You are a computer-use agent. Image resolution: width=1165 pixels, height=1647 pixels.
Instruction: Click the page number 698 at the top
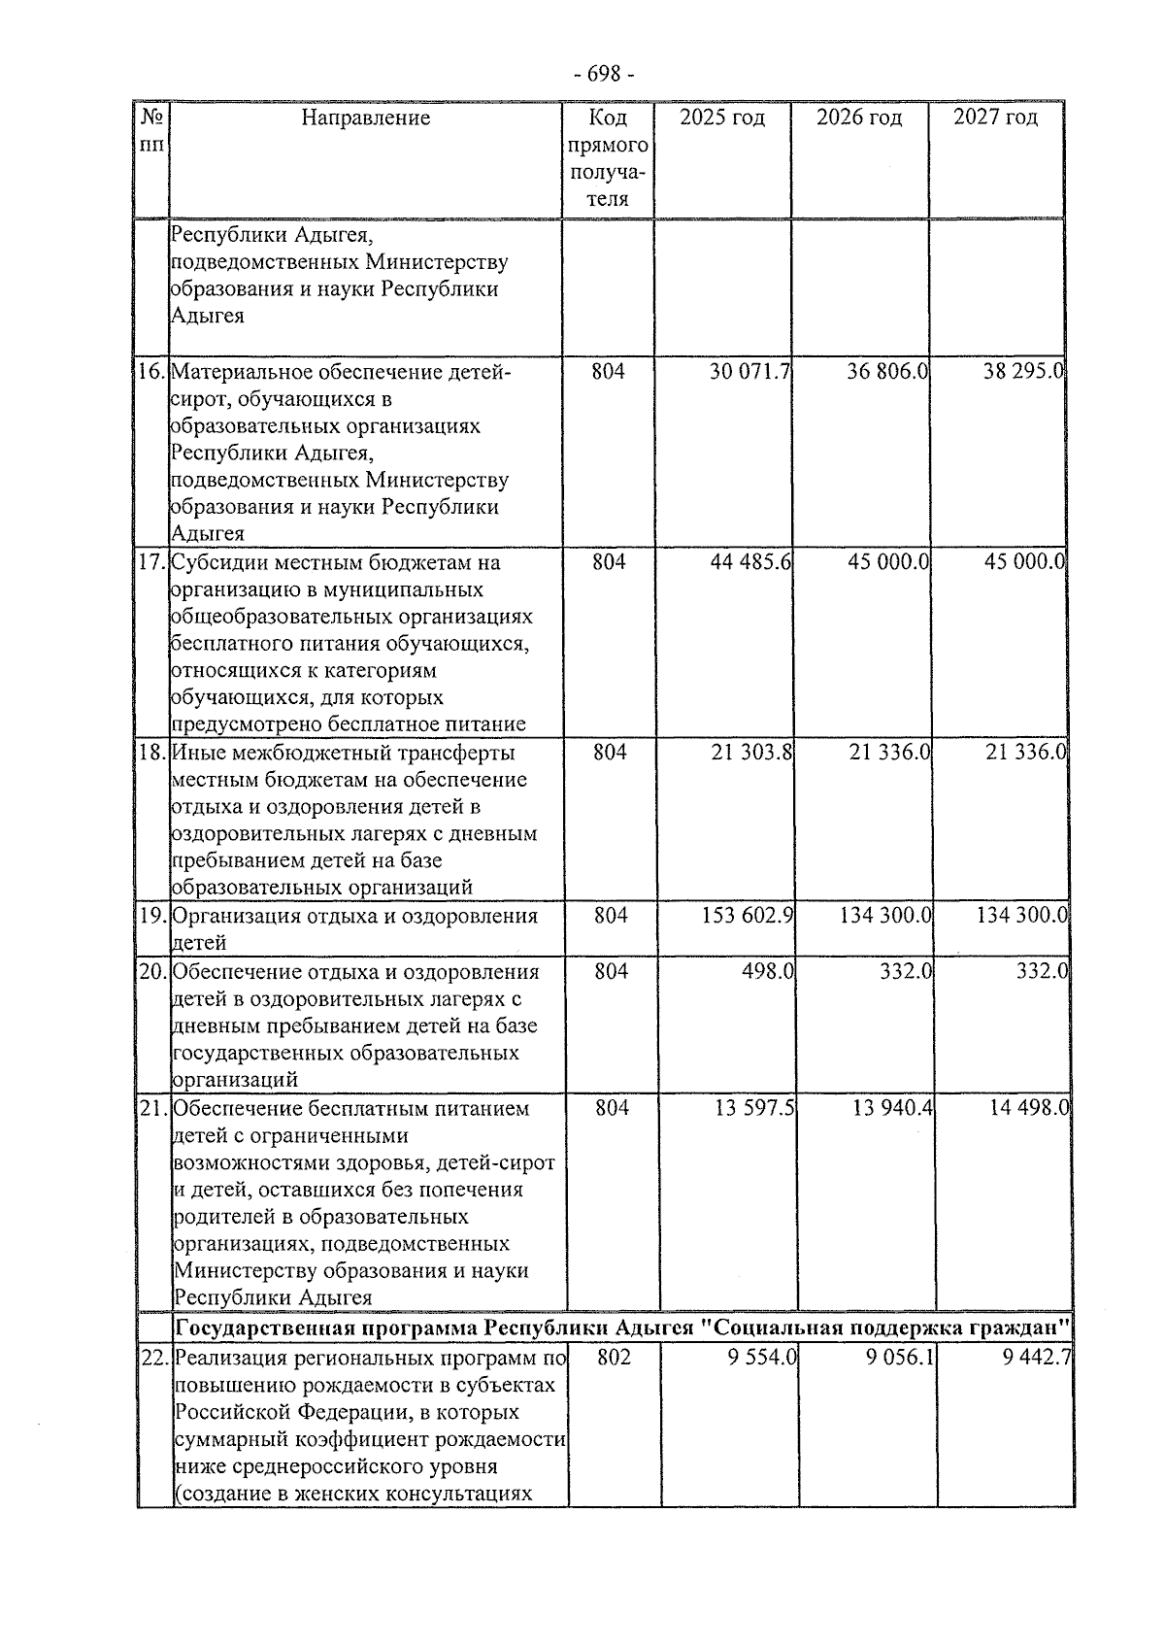pyautogui.click(x=604, y=75)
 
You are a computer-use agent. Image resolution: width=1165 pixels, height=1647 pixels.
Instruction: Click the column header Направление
pyautogui.click(x=365, y=118)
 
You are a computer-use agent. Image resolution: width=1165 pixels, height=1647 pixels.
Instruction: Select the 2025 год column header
pyautogui.click(x=721, y=118)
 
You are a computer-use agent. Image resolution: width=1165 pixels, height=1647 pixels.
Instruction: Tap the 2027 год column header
pyautogui.click(x=995, y=118)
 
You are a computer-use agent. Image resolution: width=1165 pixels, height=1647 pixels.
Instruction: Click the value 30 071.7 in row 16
pyautogui.click(x=749, y=372)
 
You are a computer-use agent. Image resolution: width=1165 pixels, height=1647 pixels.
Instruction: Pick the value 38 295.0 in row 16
pyautogui.click(x=1024, y=372)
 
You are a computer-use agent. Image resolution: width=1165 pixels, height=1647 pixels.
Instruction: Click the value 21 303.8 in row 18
pyautogui.click(x=751, y=753)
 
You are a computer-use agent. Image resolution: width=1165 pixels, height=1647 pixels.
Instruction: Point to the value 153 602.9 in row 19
pyautogui.click(x=748, y=916)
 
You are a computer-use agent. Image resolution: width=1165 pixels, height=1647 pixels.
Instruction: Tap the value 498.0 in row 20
pyautogui.click(x=766, y=972)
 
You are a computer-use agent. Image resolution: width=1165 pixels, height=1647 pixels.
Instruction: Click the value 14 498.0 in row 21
pyautogui.click(x=1029, y=1108)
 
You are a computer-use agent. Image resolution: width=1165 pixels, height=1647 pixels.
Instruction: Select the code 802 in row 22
pyautogui.click(x=614, y=1358)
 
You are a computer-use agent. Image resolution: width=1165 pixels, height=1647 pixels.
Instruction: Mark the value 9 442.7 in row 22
pyautogui.click(x=1037, y=1358)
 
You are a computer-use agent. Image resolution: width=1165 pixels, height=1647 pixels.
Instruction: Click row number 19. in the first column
pyautogui.click(x=152, y=916)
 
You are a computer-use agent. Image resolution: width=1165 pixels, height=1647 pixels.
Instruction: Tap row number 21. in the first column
pyautogui.click(x=154, y=1108)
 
